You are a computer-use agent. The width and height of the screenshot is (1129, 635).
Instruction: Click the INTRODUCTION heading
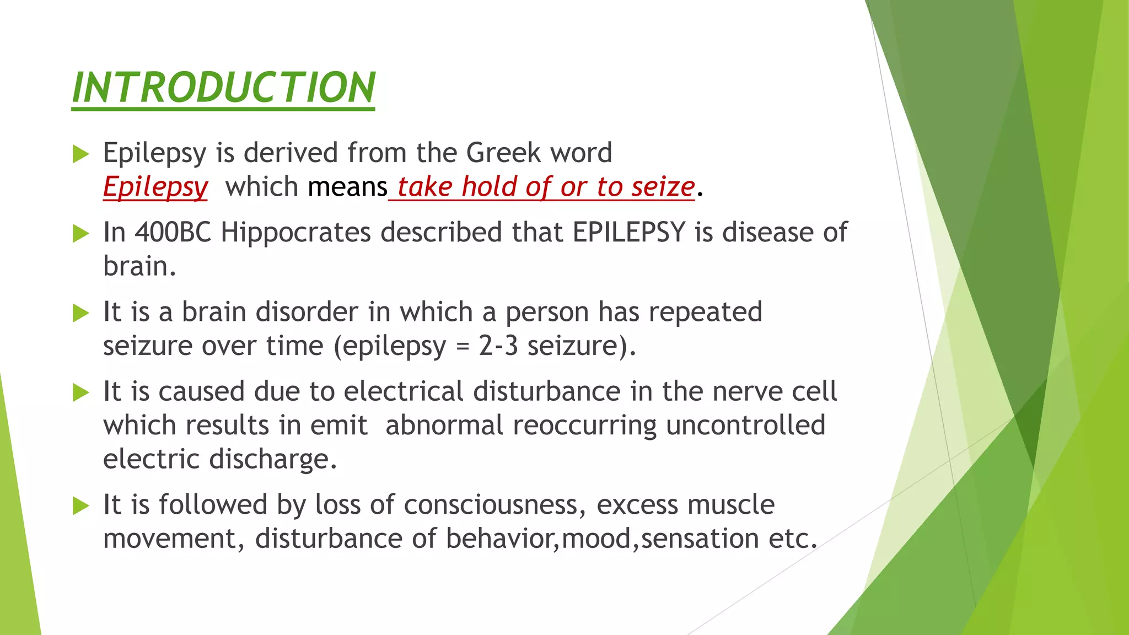(223, 88)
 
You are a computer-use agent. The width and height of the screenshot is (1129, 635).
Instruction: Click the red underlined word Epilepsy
(155, 187)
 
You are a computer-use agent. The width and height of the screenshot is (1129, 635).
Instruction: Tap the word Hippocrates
(295, 233)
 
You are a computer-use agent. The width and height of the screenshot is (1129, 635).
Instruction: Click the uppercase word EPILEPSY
(629, 233)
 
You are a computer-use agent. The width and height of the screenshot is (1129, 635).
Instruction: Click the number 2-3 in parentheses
(498, 346)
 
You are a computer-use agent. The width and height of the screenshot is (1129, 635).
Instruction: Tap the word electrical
(404, 392)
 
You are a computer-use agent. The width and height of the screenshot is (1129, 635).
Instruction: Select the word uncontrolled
(746, 426)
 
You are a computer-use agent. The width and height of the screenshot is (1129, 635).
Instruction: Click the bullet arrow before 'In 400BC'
(80, 234)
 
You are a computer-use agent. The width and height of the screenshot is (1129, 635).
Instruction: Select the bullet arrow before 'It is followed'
(80, 505)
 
